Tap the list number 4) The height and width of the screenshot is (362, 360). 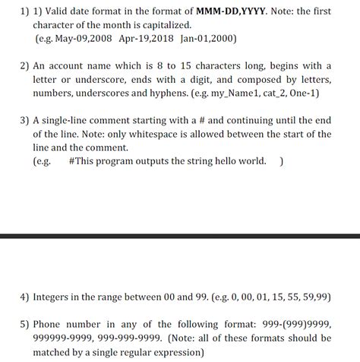(x=25, y=296)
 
